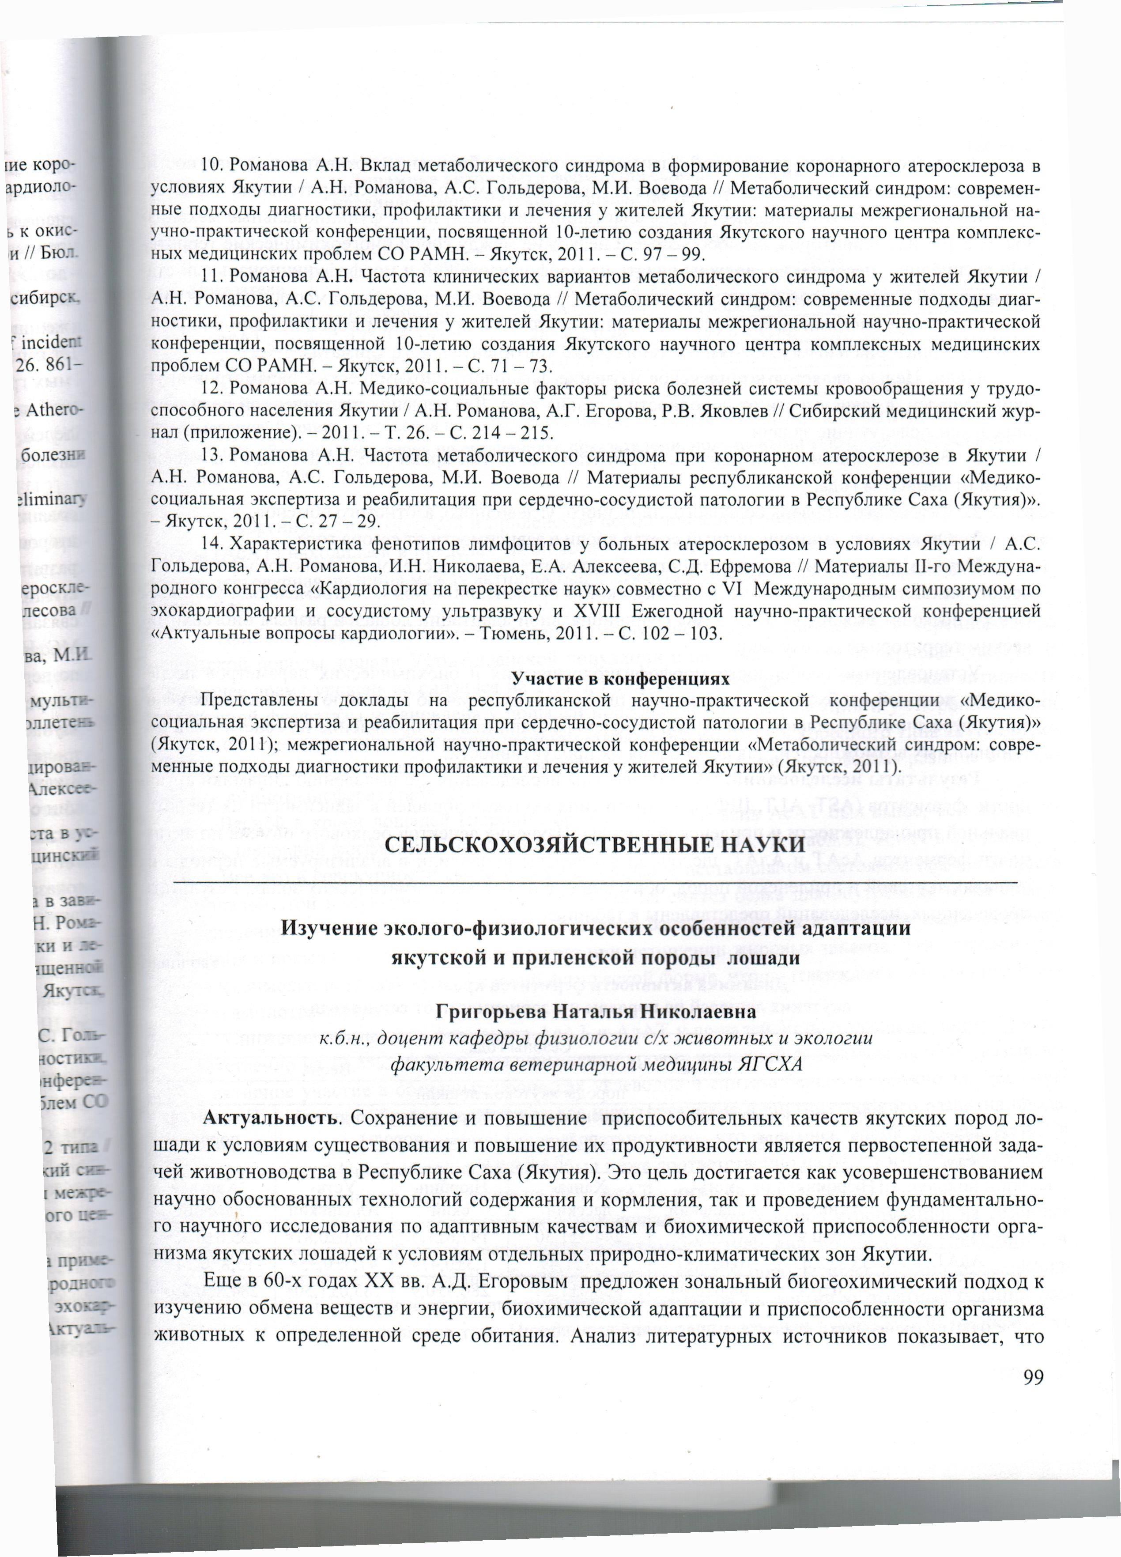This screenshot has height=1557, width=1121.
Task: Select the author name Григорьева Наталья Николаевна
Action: click(x=595, y=1011)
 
